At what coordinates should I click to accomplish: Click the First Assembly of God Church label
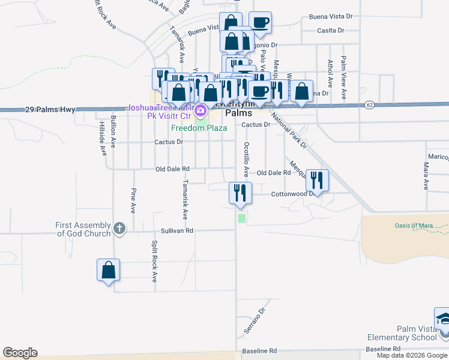[83, 229]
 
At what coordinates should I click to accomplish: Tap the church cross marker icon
[119, 228]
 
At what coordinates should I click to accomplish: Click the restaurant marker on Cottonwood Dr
[317, 180]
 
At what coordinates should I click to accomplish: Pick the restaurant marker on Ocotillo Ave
[240, 193]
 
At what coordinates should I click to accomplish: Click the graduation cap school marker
[443, 319]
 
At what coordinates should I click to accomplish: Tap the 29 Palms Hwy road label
[50, 110]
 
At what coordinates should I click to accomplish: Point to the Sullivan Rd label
[177, 230]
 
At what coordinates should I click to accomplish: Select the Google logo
[20, 353]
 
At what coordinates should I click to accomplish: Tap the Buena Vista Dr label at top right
[331, 17]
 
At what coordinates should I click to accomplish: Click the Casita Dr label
[331, 30]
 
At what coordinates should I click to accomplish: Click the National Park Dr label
[289, 131]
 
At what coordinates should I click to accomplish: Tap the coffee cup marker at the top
[260, 23]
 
